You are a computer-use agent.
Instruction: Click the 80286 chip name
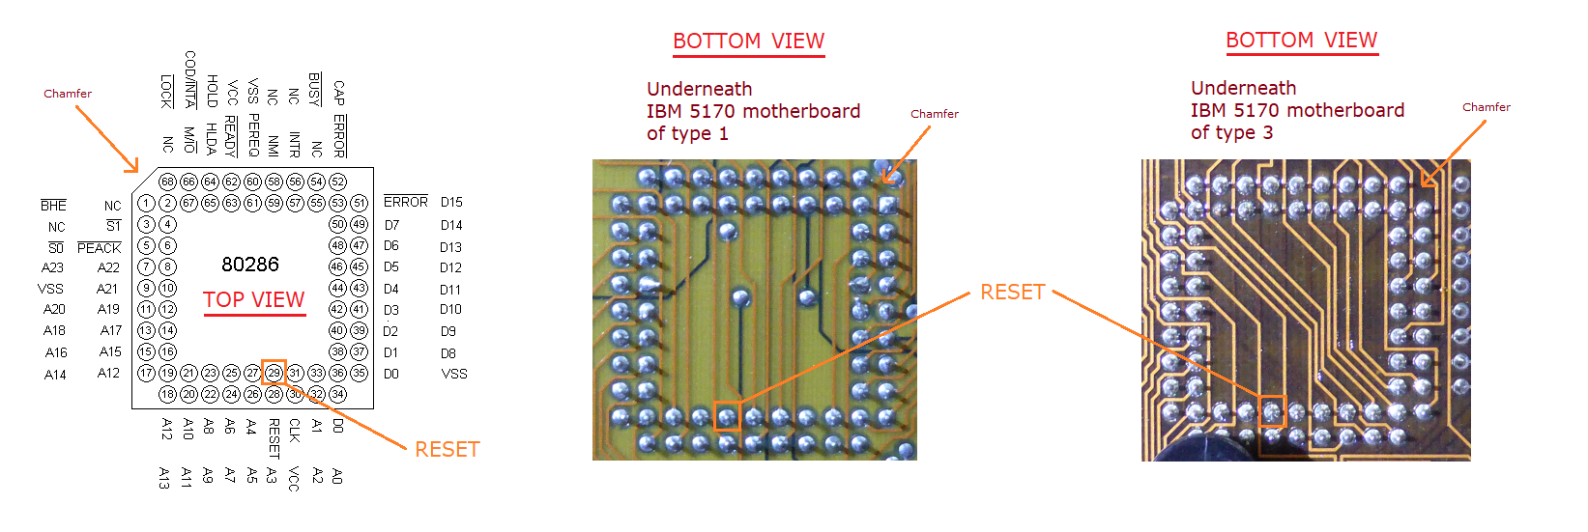coord(250,265)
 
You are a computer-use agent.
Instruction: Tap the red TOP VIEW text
coord(253,300)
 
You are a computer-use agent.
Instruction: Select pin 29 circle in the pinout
coord(274,373)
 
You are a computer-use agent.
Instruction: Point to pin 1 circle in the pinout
coord(146,203)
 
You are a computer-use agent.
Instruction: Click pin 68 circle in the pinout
coord(167,182)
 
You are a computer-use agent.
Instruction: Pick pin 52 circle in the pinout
coord(337,182)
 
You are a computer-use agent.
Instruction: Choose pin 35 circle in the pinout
coord(359,373)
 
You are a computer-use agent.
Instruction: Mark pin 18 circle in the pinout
coord(167,394)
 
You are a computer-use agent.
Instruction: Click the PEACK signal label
coord(99,248)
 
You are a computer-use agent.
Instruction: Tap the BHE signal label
coord(53,206)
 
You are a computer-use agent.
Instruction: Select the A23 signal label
coord(52,267)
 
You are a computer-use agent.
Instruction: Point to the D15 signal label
coord(451,202)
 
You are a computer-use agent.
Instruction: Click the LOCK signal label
coord(167,91)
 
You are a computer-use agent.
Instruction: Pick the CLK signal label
coord(295,430)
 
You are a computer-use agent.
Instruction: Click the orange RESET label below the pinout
coord(447,449)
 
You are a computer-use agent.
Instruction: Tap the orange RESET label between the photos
coord(1012,292)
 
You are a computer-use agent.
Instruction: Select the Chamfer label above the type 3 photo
coord(1486,107)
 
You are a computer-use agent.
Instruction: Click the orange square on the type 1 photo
coord(727,416)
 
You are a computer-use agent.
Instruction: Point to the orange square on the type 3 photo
coord(1272,411)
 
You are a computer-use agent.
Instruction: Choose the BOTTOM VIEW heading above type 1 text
coord(748,42)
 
